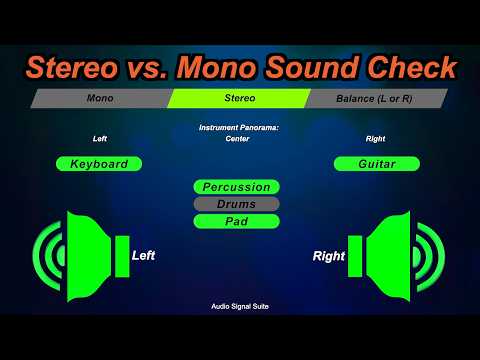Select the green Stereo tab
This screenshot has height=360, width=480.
coord(237,99)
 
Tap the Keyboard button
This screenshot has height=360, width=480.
coord(99,164)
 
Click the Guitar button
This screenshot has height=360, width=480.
coord(376,164)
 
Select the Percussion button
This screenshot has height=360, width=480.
coord(236,187)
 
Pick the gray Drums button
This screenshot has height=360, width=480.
coord(236,204)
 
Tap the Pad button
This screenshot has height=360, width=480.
coord(236,221)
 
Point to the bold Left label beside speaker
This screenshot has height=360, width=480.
coord(143,256)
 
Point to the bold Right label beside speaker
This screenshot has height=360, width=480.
coord(328,257)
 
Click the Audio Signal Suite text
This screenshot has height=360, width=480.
coord(239,307)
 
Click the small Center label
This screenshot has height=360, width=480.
coord(237,138)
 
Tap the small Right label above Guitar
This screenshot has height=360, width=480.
coord(375,139)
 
